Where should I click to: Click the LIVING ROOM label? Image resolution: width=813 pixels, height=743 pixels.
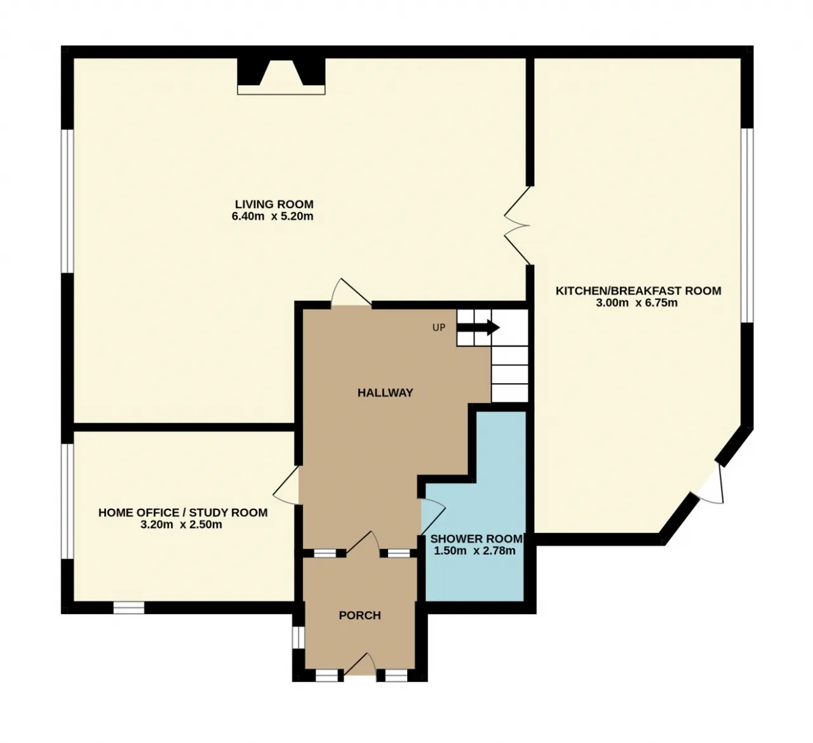point(274,204)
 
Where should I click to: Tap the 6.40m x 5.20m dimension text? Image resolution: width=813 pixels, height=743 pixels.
point(272,216)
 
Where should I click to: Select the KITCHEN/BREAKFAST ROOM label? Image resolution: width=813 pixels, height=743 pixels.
point(638,291)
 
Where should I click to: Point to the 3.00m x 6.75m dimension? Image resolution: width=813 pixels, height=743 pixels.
point(636,303)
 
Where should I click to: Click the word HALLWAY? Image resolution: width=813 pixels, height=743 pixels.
point(385,392)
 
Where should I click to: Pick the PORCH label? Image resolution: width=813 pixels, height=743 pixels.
point(360,615)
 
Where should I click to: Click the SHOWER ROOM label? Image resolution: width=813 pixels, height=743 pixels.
point(476,539)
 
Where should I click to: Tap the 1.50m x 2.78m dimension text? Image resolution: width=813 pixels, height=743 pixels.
point(474,551)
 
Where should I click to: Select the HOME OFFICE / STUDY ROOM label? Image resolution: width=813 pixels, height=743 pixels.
point(183,513)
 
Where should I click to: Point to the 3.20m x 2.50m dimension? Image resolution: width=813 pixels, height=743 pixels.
point(181,525)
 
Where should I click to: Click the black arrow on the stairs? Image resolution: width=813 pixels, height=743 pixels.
point(478,327)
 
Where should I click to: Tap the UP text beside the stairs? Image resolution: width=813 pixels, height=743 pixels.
point(439,327)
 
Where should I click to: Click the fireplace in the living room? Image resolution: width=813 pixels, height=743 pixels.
point(281,77)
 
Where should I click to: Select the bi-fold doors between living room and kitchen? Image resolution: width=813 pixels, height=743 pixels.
point(517,225)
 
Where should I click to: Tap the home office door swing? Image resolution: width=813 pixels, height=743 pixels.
point(286,486)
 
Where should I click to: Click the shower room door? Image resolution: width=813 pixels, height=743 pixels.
point(434,517)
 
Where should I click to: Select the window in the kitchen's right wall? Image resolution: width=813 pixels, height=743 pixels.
point(747,225)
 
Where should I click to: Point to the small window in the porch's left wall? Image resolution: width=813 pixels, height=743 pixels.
point(298,637)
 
